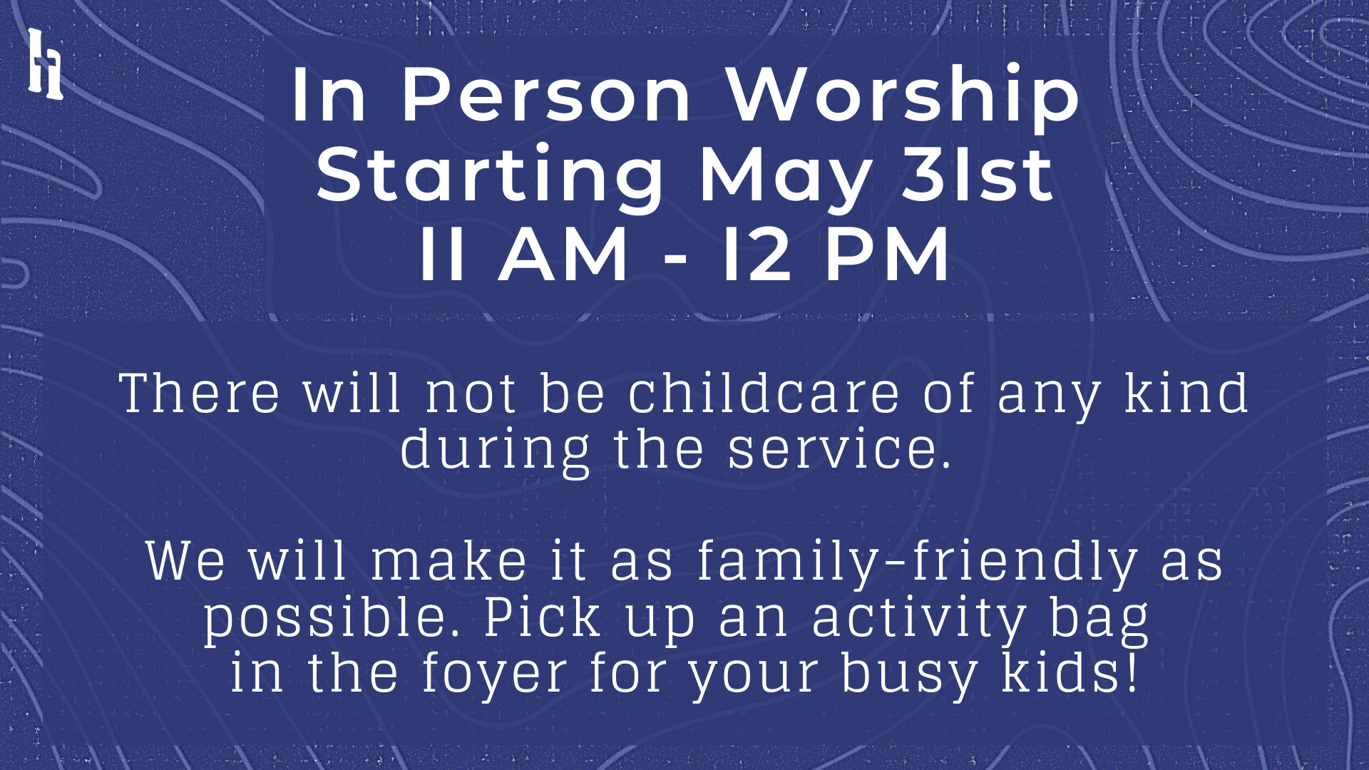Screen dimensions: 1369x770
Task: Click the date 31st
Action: tap(978, 174)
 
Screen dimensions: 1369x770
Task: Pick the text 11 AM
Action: tap(523, 254)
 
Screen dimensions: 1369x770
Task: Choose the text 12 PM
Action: tap(836, 254)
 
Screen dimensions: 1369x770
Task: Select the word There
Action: tap(200, 393)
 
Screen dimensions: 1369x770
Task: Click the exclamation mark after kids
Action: tap(1132, 672)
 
